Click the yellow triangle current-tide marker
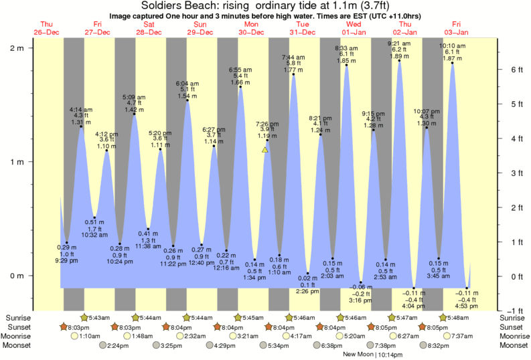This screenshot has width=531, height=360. [265, 150]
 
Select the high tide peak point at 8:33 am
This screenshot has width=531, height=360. [347, 65]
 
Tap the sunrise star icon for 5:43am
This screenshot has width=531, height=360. [84, 317]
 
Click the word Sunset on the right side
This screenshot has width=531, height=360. [514, 327]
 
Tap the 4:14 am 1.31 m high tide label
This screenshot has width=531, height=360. [81, 116]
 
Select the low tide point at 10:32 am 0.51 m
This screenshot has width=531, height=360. [94, 217]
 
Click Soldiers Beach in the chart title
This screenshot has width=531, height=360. [173, 5]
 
